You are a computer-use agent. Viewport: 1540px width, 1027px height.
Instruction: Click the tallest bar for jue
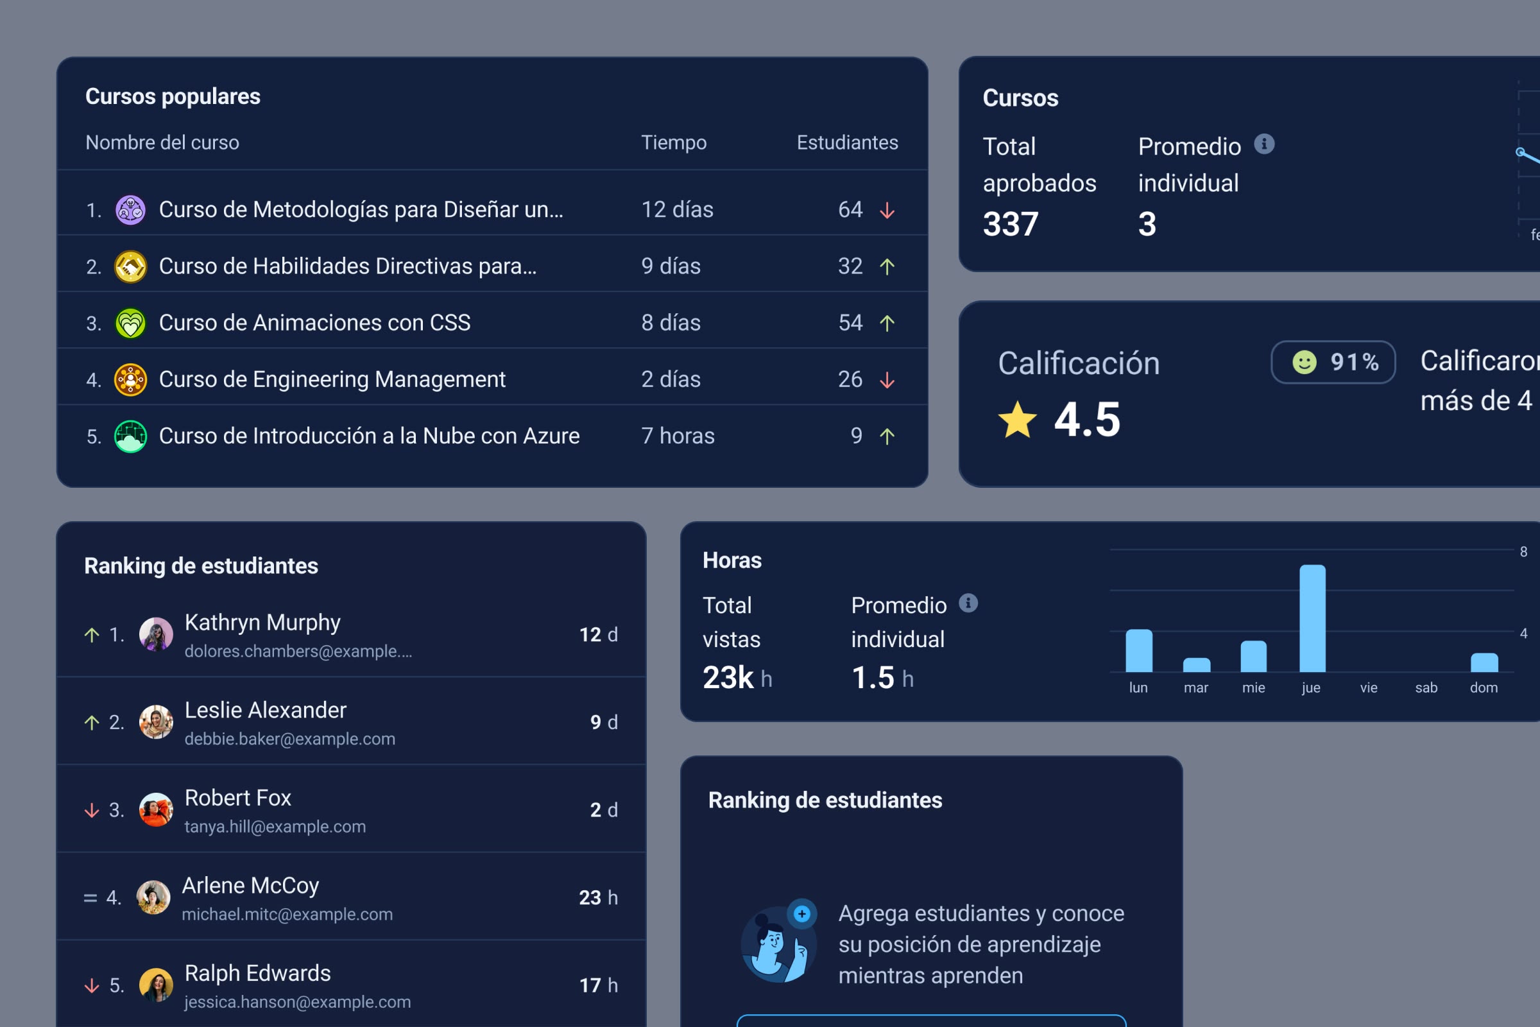(1312, 618)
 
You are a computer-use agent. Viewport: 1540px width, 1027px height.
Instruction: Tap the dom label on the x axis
(1484, 687)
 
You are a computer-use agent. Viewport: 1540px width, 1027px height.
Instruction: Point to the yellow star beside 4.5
(1017, 420)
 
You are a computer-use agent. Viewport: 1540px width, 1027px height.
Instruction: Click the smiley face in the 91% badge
(1304, 362)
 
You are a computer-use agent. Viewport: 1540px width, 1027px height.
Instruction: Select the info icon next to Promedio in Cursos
(1263, 144)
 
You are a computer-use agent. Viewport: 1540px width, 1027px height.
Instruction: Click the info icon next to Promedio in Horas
(968, 603)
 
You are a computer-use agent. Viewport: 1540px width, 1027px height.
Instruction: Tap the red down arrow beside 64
(887, 211)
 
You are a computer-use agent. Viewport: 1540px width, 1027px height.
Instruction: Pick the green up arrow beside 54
(887, 323)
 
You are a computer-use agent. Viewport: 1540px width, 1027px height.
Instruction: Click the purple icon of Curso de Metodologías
(130, 211)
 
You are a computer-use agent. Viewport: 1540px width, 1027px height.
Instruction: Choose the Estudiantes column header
(846, 142)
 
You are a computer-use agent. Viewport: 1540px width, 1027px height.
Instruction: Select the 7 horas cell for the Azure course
(678, 436)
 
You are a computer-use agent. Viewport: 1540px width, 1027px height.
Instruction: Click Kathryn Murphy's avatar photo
(156, 634)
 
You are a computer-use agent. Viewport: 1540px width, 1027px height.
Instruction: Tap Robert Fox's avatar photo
(156, 809)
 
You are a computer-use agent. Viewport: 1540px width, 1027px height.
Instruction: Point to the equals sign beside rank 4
(90, 898)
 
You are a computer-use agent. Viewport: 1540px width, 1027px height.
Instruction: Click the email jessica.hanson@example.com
(297, 1002)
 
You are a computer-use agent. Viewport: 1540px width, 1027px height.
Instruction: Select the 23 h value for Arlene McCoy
(598, 897)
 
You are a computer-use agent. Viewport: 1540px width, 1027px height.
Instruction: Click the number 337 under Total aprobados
(1010, 224)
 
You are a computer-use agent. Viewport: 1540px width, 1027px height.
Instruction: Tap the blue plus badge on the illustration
(801, 913)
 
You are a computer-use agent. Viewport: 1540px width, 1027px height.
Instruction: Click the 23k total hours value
(728, 677)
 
